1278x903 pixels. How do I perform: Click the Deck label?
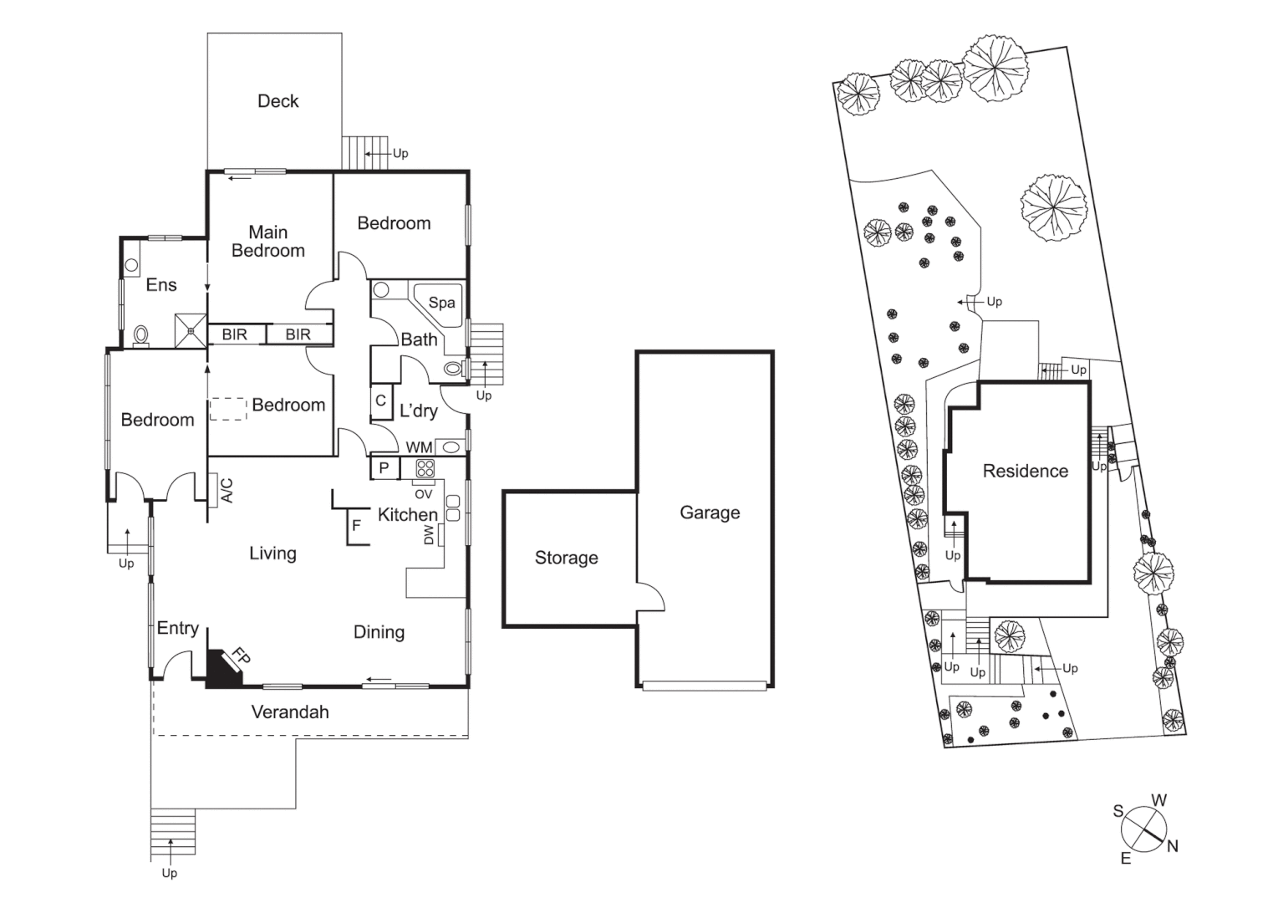[x=277, y=101]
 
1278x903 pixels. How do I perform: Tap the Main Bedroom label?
[x=267, y=242]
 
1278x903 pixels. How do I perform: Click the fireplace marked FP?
[x=224, y=669]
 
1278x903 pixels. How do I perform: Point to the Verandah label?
[x=290, y=712]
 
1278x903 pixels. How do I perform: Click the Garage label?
[x=710, y=513]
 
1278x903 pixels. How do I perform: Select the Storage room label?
[x=566, y=558]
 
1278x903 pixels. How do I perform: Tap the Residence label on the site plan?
[x=1025, y=471]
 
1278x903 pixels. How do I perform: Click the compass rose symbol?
[x=1143, y=829]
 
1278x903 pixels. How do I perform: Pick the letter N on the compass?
[x=1173, y=846]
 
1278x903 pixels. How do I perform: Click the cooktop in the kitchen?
[x=425, y=468]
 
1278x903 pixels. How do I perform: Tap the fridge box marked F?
[x=357, y=526]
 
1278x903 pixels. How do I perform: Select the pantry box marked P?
[x=384, y=468]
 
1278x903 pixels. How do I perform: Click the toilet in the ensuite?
[x=140, y=334]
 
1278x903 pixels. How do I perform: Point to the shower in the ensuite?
[x=191, y=330]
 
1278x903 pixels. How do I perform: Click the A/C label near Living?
[x=226, y=491]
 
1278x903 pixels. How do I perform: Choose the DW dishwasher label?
[x=430, y=534]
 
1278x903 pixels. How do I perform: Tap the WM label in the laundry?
[x=419, y=447]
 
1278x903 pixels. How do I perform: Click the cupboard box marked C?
[x=380, y=400]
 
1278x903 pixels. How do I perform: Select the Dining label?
[x=379, y=632]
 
